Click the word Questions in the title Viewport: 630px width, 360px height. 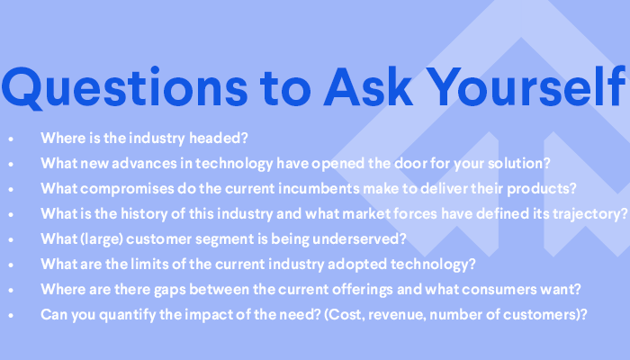tap(124, 87)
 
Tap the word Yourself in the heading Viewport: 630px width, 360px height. tap(527, 86)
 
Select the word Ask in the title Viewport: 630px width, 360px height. tap(368, 86)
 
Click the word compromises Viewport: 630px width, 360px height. tap(127, 189)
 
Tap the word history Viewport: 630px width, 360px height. tap(144, 214)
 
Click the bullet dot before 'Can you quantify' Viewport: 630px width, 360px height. tap(11, 315)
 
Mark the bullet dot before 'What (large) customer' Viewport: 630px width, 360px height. tap(11, 239)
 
